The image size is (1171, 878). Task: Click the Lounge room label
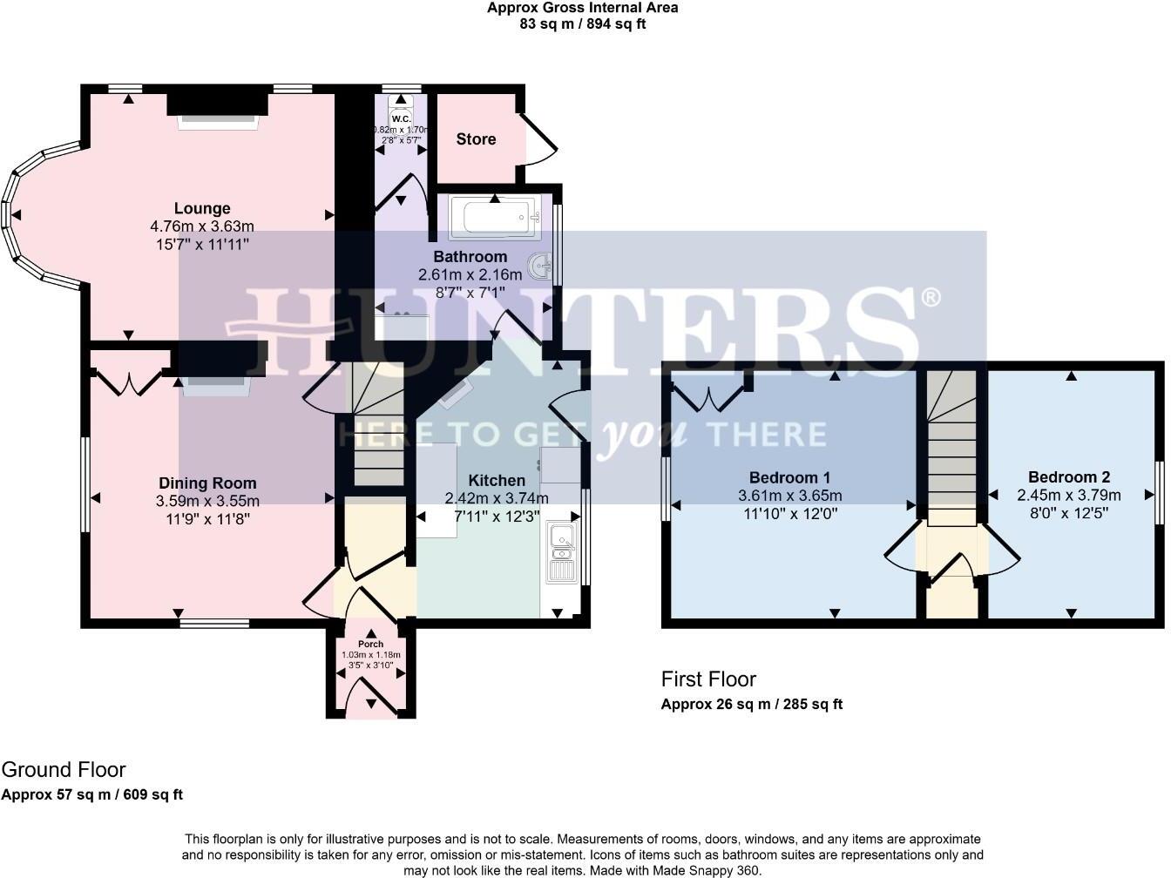202,208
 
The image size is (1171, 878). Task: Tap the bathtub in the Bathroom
494,217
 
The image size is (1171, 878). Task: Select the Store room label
476,139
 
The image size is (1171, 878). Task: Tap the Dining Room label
207,483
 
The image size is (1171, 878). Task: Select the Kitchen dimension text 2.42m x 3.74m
497,499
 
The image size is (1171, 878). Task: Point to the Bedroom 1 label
789,477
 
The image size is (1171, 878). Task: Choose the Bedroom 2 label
1068,477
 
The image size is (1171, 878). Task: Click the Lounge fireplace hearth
218,123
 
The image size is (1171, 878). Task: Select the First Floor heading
708,679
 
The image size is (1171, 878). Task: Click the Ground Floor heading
64,770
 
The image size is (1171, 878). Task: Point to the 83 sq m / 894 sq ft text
582,24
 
